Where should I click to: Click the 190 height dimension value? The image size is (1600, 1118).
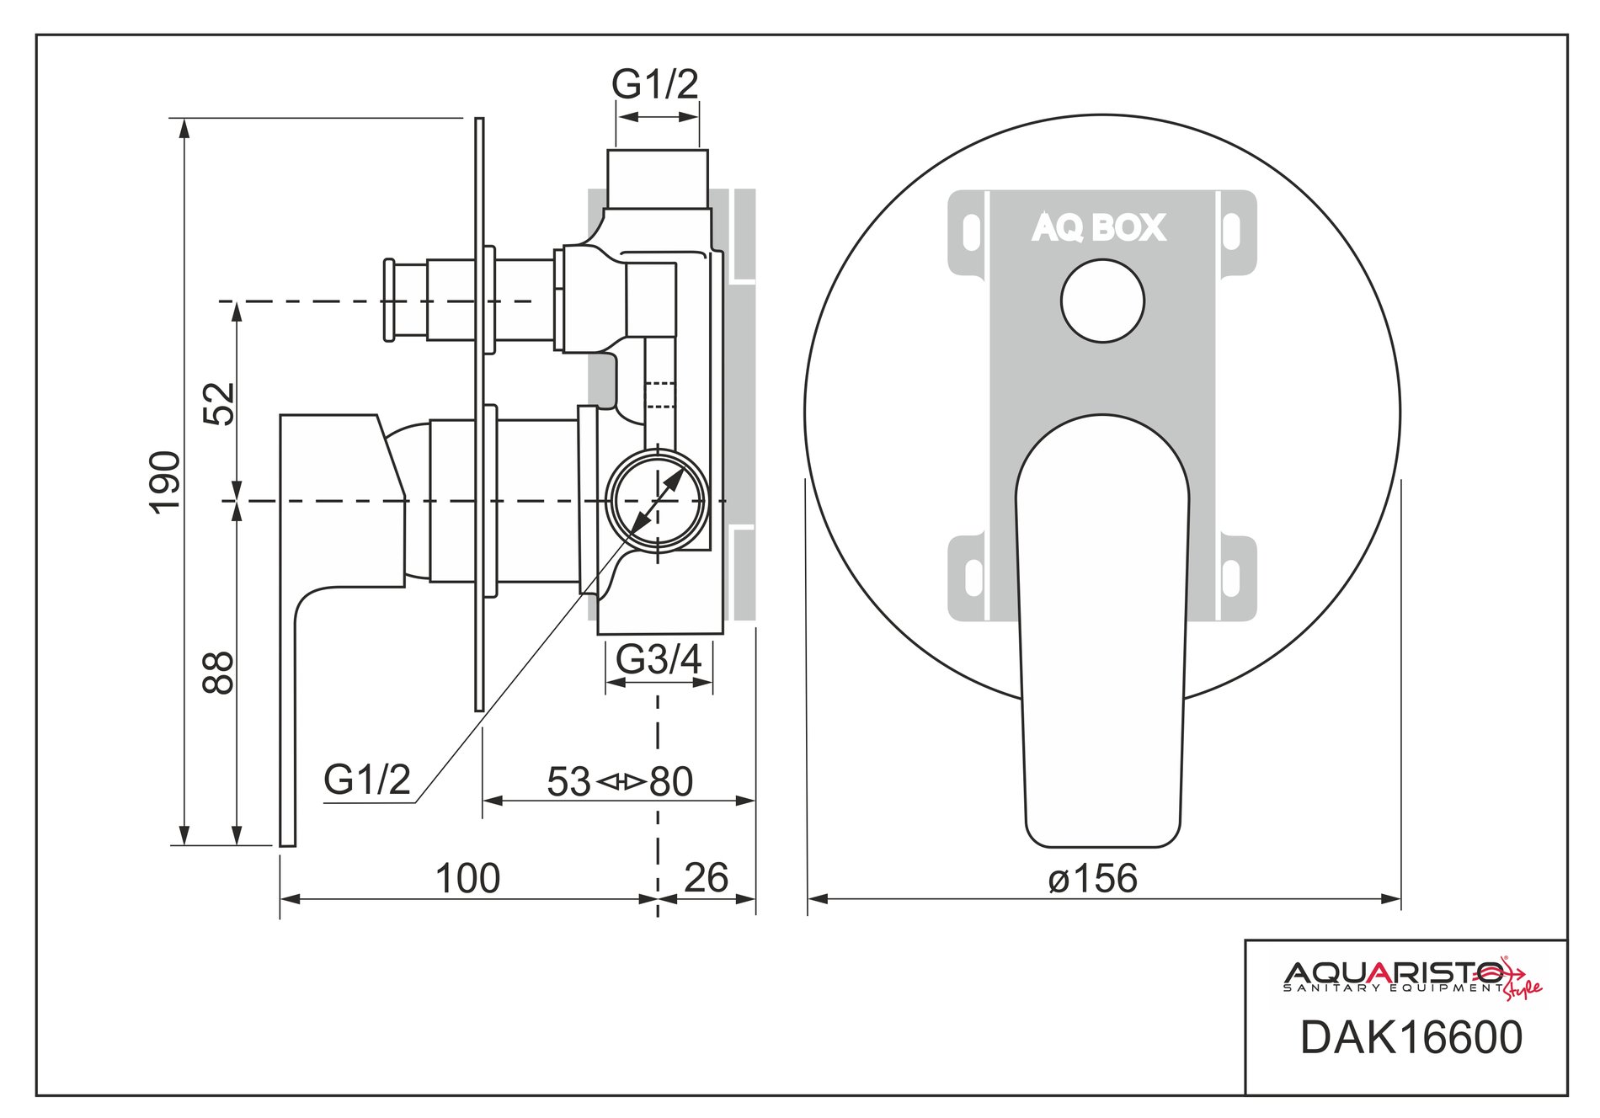coord(165,481)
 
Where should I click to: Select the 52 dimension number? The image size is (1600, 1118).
coord(220,403)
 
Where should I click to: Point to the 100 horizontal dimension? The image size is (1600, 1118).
coord(467,879)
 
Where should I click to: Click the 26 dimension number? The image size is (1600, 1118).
coord(706,878)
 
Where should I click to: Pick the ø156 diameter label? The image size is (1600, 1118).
coord(1093,878)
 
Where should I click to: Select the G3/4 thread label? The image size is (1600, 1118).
coord(659,659)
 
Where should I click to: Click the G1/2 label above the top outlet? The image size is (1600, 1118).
coord(655,84)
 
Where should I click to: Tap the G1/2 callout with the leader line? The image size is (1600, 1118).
coord(366,780)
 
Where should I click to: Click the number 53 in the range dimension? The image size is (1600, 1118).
coord(569,782)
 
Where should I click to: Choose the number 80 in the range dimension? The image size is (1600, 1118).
coord(671,782)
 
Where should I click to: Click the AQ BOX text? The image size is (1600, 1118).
coord(1099,227)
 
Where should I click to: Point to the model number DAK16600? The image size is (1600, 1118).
coord(1411,1037)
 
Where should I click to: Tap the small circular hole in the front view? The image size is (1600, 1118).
coord(1102,301)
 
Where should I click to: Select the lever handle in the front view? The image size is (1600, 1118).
coord(1102,631)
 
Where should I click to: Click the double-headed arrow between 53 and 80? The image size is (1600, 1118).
coord(621,782)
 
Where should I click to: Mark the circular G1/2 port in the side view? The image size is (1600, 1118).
coord(658,500)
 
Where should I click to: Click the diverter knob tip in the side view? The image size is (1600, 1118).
coord(389,301)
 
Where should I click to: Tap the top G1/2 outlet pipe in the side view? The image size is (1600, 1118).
coord(658,178)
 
